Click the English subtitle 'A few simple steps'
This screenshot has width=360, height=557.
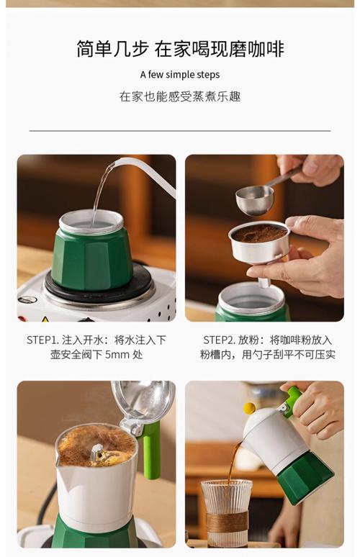click(180, 75)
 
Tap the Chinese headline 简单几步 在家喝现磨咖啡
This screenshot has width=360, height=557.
click(180, 49)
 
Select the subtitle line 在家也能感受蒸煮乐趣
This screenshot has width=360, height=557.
click(180, 96)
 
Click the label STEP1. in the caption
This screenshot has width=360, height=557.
click(42, 340)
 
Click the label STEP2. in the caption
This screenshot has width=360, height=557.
click(219, 340)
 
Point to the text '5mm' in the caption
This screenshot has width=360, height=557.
click(117, 355)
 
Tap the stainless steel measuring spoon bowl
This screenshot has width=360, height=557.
click(255, 200)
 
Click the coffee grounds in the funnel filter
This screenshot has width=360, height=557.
click(259, 233)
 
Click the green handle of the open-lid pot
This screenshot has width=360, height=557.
click(151, 449)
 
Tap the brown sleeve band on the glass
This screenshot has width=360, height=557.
click(227, 521)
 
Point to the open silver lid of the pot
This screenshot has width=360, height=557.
click(143, 399)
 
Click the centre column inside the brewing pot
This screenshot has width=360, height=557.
click(97, 453)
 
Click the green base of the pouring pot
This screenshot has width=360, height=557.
click(305, 478)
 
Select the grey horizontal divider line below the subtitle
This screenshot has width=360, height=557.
click(180, 131)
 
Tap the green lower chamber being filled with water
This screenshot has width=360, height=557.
click(91, 258)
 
